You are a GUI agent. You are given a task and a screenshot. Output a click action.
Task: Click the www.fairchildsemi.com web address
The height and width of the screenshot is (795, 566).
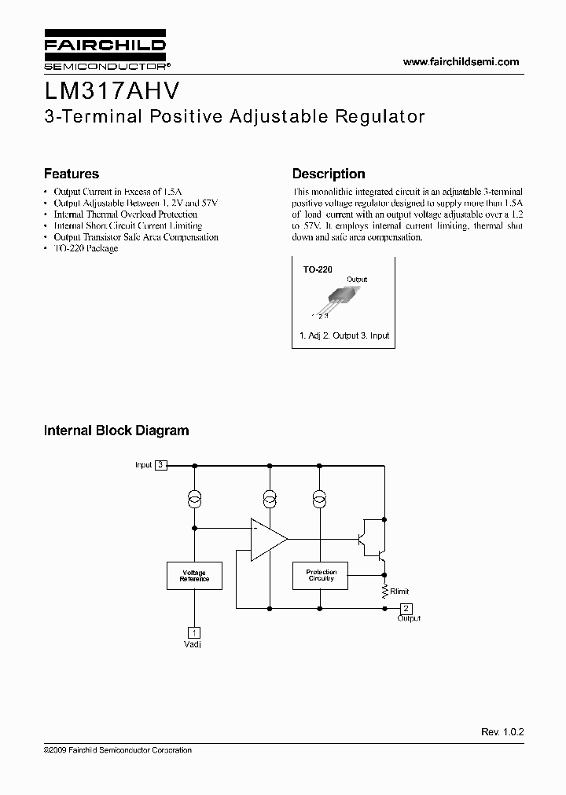[461, 61]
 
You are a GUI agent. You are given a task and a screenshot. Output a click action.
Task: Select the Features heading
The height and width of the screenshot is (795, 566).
[71, 174]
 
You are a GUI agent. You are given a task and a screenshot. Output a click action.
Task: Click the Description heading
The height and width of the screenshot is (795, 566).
[329, 174]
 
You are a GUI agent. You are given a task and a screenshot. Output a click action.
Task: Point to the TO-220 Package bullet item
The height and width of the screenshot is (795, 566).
[86, 248]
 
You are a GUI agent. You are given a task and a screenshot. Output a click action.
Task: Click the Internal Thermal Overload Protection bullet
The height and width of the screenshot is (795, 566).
[125, 214]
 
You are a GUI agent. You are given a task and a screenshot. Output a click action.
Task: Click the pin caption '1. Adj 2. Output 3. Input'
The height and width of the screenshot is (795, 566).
[344, 335]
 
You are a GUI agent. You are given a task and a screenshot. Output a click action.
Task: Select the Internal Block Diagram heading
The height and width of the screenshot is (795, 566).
[116, 430]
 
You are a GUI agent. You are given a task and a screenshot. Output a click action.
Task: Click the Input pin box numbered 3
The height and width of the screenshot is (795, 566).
[161, 465]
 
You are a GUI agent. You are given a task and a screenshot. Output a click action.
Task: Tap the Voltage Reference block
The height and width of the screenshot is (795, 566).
[194, 576]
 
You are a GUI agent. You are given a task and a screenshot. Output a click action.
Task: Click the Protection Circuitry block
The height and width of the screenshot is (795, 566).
[321, 576]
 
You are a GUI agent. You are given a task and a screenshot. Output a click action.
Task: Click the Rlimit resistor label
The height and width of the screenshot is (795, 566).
[399, 592]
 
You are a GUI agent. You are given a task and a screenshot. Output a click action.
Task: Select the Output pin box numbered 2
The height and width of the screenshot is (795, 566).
[406, 609]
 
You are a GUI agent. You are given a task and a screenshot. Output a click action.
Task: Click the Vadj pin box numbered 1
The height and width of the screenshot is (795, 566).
[193, 632]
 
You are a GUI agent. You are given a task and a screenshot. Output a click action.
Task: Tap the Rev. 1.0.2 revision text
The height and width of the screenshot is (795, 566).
[502, 731]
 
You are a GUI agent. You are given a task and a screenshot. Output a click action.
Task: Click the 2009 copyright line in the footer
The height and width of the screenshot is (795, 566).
[118, 750]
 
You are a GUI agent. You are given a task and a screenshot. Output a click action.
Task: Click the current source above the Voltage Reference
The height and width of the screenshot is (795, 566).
[194, 500]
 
